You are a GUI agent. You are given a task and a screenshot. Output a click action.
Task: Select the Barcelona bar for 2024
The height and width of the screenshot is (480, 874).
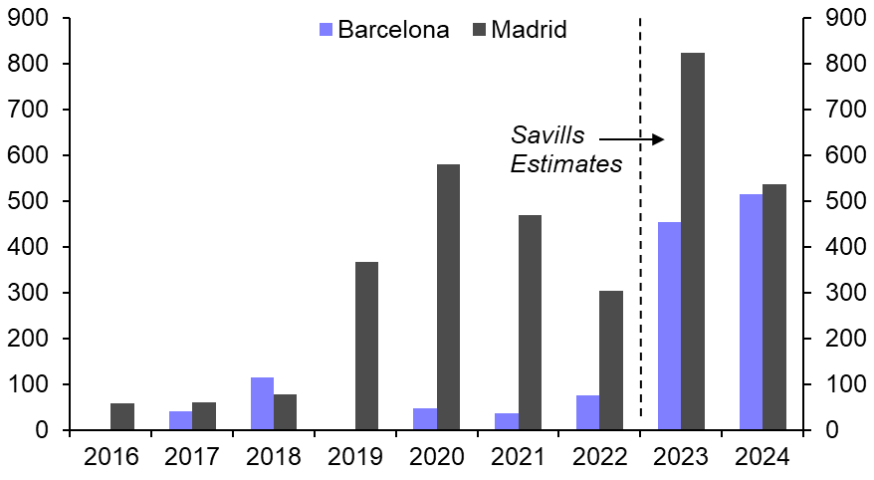(751, 312)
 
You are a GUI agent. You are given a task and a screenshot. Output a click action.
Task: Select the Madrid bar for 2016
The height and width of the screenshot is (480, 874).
(122, 416)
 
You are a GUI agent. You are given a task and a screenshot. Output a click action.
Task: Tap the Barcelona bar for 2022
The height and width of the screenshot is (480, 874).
(587, 412)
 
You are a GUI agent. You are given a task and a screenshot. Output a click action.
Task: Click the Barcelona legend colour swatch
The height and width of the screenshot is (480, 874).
(325, 30)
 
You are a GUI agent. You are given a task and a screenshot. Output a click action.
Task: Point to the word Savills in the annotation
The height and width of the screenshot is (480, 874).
(548, 135)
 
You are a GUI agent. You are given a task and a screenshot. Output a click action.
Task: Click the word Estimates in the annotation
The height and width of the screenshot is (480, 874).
(565, 163)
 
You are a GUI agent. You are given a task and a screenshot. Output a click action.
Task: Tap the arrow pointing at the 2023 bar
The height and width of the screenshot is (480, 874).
(632, 139)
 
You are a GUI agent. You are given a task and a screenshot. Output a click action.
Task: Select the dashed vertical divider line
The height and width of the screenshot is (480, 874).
(640, 219)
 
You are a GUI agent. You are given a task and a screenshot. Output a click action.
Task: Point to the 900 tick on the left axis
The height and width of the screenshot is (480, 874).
(29, 19)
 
